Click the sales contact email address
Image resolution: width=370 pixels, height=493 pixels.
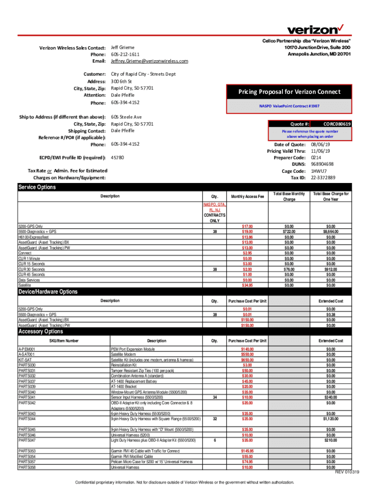point(149,61)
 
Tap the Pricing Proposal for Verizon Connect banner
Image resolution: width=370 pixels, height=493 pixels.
point(289,92)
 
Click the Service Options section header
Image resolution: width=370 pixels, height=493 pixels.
point(37,187)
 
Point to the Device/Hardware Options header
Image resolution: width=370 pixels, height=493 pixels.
point(48,292)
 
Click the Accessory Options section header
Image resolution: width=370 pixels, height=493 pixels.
point(40,331)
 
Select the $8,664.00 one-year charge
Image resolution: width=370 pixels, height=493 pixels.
point(331,232)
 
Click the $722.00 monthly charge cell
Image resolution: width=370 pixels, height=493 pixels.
point(289,232)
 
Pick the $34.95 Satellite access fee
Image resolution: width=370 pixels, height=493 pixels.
point(247,285)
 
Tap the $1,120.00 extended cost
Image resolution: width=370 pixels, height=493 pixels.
point(331,419)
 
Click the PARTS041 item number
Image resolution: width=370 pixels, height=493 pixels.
point(27,397)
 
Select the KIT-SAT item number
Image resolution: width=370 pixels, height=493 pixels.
point(25,360)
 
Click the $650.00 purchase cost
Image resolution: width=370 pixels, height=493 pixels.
point(247,360)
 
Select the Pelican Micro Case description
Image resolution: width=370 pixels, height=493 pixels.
point(151,462)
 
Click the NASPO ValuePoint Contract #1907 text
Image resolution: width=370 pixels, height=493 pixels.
point(289,105)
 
